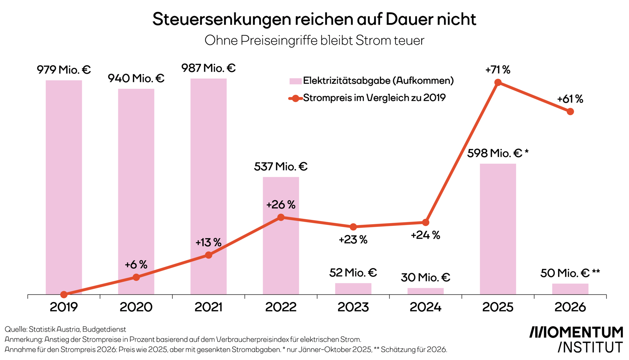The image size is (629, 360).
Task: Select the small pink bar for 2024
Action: [x=425, y=291]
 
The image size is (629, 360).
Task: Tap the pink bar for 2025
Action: [x=498, y=229]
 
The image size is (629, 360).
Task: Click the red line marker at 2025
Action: [x=498, y=83]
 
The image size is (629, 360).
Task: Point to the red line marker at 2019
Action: [x=64, y=294]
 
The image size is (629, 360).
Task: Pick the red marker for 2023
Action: [x=353, y=227]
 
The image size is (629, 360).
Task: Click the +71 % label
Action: [x=498, y=70]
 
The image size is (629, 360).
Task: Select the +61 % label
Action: [x=570, y=99]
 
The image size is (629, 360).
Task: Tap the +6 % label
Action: [x=136, y=265]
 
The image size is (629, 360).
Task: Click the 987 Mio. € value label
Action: [x=208, y=68]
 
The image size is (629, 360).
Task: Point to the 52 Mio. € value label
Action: [x=353, y=273]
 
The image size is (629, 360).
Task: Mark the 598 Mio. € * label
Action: [x=498, y=153]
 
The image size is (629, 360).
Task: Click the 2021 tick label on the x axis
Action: [x=208, y=307]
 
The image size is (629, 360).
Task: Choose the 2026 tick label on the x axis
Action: [x=570, y=307]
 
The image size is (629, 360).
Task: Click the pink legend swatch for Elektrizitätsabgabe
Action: [x=295, y=81]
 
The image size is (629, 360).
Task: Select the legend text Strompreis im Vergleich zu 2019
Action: [x=374, y=98]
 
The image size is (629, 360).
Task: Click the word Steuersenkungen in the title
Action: [x=222, y=19]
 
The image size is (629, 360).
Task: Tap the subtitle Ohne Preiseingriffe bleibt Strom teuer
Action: [x=314, y=41]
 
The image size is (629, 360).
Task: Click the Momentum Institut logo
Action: [x=576, y=339]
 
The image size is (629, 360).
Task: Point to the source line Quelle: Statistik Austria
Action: [x=65, y=329]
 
